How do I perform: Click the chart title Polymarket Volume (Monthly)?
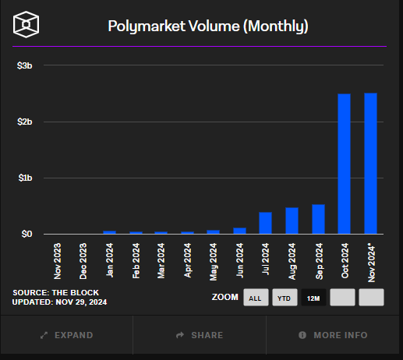[x=207, y=26]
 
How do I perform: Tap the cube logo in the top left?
[x=27, y=26]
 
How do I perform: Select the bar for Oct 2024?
[x=344, y=164]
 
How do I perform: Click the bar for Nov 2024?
[x=370, y=164]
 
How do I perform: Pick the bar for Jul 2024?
[x=265, y=223]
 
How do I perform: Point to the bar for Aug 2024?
[x=292, y=221]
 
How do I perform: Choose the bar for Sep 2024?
[x=318, y=219]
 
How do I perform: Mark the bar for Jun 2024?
[x=239, y=231]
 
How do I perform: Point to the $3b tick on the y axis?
[x=24, y=66]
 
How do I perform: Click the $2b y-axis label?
[x=24, y=122]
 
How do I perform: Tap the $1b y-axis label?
[x=24, y=178]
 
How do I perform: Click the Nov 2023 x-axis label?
[x=58, y=261]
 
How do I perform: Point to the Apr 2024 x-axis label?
[x=188, y=261]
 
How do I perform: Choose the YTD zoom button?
[x=284, y=298]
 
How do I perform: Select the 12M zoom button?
[x=313, y=298]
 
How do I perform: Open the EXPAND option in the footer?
[x=66, y=335]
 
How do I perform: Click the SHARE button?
[x=200, y=335]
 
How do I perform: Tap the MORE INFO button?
[x=333, y=335]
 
